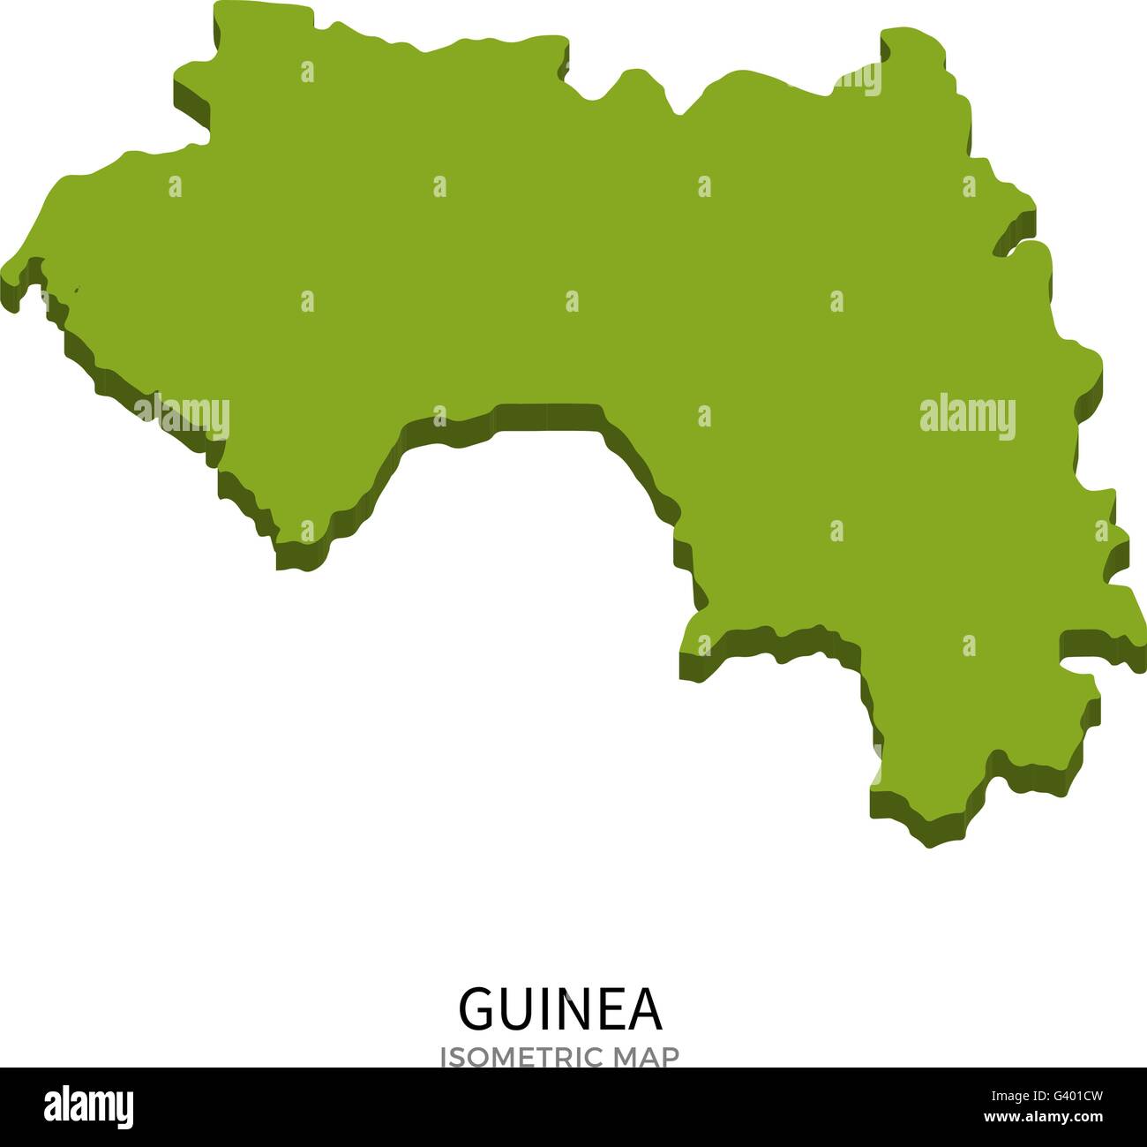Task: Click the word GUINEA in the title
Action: click(x=560, y=1009)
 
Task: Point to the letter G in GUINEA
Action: click(x=476, y=1009)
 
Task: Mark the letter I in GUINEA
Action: click(x=542, y=1009)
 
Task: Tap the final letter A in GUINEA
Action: click(x=645, y=1009)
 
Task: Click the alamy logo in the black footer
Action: click(x=88, y=1106)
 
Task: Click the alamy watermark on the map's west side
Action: click(x=182, y=415)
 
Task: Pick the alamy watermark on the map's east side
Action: click(x=967, y=415)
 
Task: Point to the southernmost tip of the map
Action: click(x=928, y=843)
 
